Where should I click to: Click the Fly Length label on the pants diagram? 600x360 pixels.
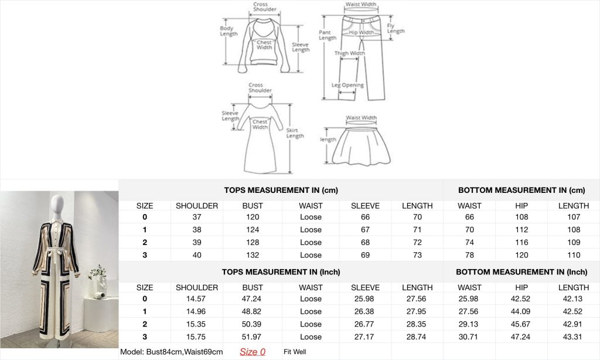[x=396, y=28]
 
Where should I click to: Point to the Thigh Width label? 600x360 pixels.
[x=349, y=53]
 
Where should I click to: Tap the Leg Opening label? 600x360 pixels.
[x=347, y=85]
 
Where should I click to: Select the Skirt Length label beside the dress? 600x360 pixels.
[x=295, y=133]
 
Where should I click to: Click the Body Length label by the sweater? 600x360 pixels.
[x=229, y=31]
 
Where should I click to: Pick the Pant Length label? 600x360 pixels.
[x=328, y=35]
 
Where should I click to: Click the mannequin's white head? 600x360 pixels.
[x=57, y=203]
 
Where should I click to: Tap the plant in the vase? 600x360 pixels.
[x=97, y=273]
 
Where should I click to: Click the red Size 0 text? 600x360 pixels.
[x=253, y=352]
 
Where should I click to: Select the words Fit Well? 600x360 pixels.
[x=295, y=352]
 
